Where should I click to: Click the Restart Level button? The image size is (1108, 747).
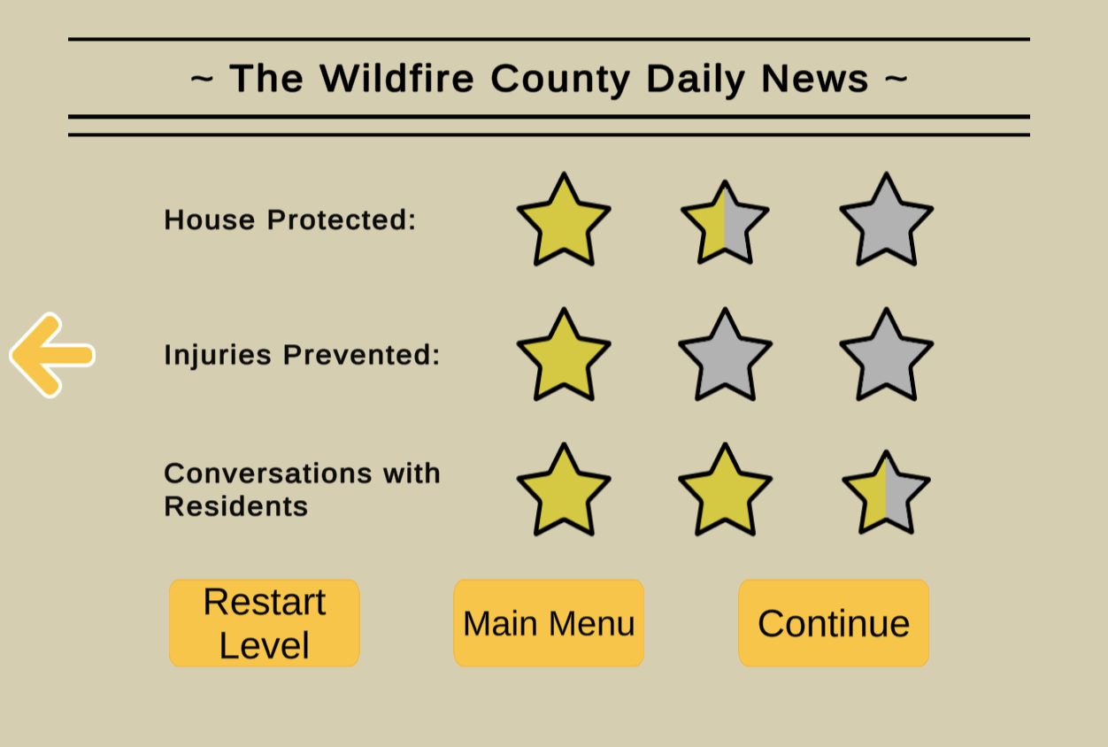click(x=264, y=623)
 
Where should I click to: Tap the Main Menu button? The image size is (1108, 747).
click(x=549, y=623)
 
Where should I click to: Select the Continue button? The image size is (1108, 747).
click(x=834, y=623)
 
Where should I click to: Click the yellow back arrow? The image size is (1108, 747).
click(x=52, y=355)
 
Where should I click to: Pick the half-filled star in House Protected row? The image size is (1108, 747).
click(x=725, y=224)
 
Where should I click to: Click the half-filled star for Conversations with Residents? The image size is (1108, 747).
click(x=887, y=494)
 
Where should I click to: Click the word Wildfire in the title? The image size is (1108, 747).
click(x=396, y=78)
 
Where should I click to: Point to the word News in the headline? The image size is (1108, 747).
click(x=815, y=78)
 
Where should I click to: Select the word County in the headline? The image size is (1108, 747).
click(x=560, y=79)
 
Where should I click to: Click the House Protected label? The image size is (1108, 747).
click(x=290, y=219)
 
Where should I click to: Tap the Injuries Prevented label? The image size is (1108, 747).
click(x=302, y=355)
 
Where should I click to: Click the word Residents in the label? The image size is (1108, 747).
click(x=236, y=506)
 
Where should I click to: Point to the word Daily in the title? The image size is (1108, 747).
click(x=696, y=79)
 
